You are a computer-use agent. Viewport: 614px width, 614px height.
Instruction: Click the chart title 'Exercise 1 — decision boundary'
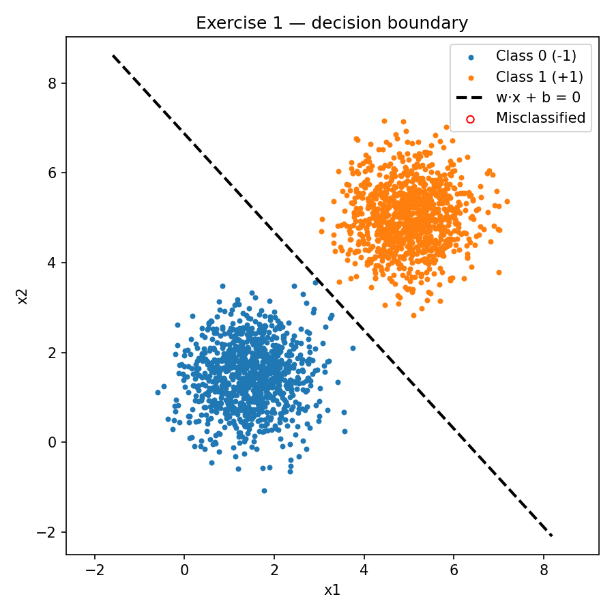point(332,23)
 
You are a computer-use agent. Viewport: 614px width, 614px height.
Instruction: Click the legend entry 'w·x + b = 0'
point(538,97)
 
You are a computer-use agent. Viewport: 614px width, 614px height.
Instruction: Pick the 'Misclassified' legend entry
point(540,118)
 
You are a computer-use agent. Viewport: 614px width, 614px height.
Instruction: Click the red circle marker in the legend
point(470,119)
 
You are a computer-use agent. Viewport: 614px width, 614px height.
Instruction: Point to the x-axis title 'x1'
point(332,590)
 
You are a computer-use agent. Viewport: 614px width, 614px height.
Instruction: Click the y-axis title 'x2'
point(23,297)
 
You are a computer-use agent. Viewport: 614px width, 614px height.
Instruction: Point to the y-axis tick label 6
point(53,173)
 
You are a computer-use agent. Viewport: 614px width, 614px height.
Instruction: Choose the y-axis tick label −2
point(48,532)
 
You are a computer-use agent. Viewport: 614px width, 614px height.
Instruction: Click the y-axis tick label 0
point(53,443)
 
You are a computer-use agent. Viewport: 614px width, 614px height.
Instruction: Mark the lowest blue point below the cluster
point(264,491)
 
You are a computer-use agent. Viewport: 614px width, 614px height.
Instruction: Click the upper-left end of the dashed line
point(113,55)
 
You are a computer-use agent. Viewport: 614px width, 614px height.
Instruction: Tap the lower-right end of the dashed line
point(551,536)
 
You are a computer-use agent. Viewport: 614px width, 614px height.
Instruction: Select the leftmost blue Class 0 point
point(158,392)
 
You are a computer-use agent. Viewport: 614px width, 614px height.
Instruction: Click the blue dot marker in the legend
point(470,56)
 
